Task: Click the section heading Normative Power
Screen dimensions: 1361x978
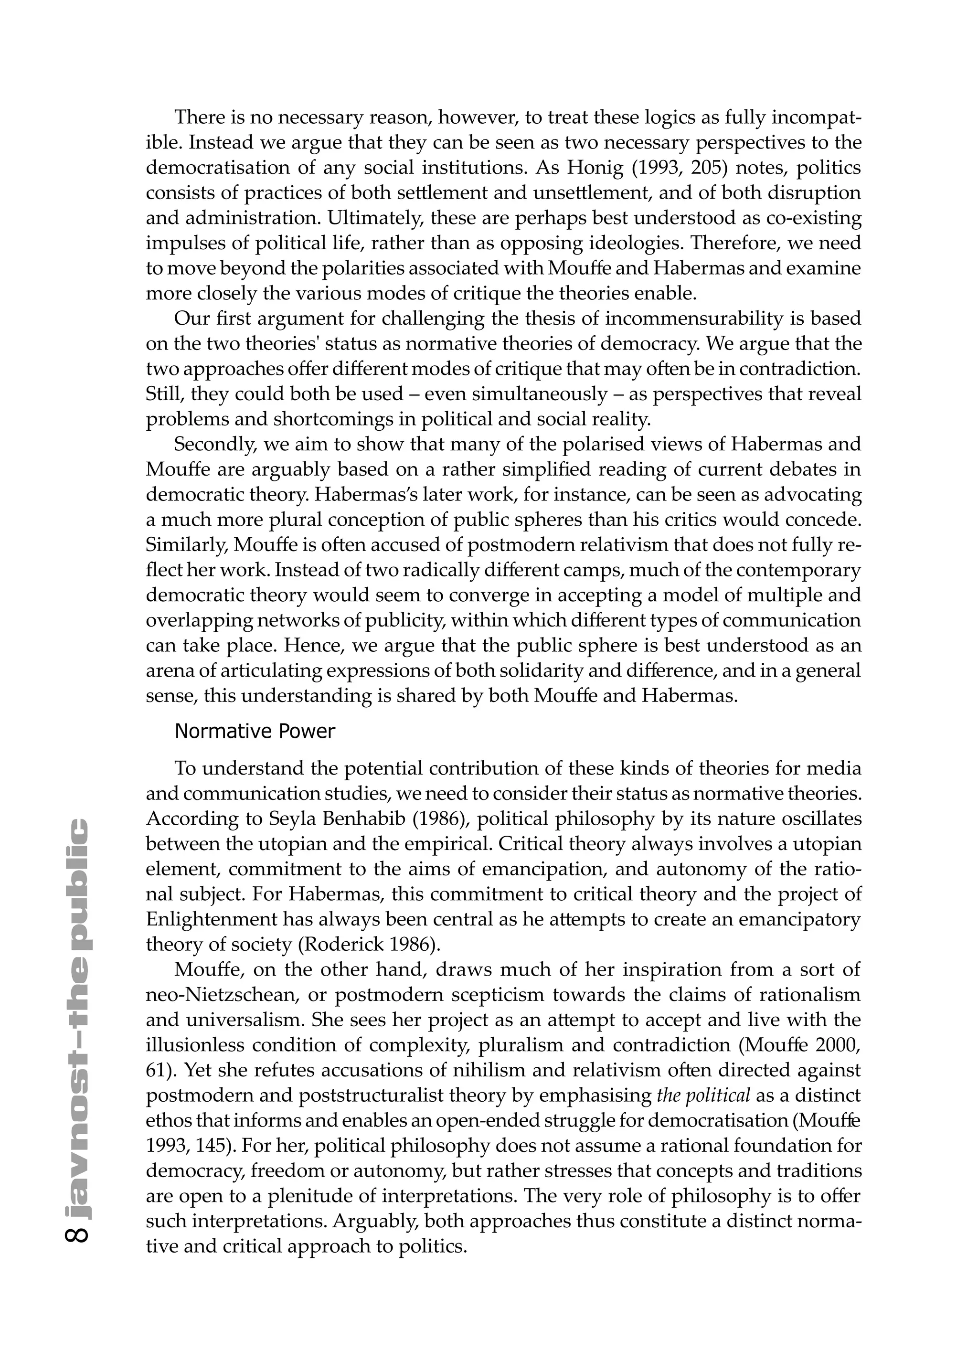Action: pyautogui.click(x=255, y=732)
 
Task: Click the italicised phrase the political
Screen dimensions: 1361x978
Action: pyautogui.click(x=703, y=1095)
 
